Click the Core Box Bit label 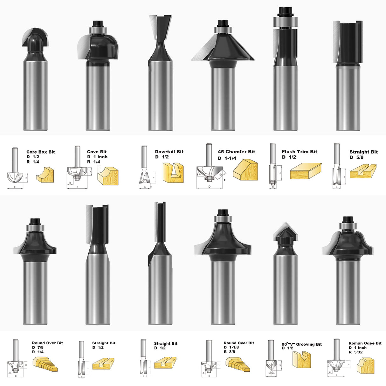point(40,152)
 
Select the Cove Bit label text point(97,152)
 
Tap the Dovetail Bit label point(169,152)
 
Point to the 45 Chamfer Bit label point(236,152)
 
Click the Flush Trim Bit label point(299,152)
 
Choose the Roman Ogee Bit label point(365,343)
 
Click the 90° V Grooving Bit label point(301,344)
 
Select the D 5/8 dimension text point(356,157)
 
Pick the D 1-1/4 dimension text point(227,158)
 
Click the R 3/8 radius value point(229,352)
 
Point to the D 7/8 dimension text point(38,347)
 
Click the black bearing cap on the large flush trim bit point(285,11)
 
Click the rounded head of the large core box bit point(36,40)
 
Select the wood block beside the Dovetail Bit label point(173,173)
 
